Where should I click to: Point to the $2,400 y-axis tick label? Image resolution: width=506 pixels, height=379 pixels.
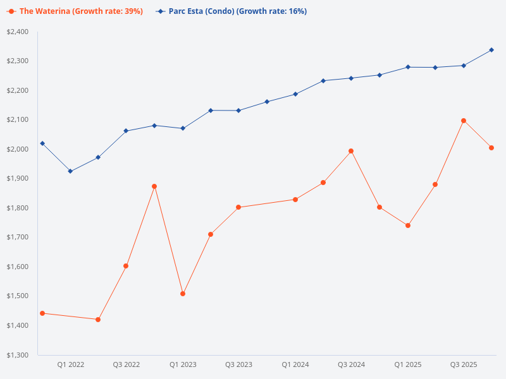tap(18, 32)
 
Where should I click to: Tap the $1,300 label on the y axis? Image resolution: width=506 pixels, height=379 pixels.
tap(18, 355)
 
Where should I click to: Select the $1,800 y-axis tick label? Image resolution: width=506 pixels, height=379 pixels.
tap(18, 208)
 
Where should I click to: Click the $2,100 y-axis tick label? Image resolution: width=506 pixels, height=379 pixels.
tap(18, 119)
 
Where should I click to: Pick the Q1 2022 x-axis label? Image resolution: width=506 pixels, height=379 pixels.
tap(70, 364)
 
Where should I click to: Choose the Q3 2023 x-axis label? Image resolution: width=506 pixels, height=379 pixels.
tap(238, 364)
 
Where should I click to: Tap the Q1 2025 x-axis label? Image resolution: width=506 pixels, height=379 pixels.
tap(408, 364)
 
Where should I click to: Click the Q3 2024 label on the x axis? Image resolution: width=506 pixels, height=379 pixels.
tap(351, 364)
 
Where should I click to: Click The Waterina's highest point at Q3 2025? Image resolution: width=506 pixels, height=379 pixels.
tap(464, 121)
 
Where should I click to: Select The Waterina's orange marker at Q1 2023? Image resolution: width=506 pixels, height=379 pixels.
tap(183, 294)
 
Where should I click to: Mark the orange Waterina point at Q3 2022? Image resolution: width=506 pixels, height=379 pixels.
tap(126, 266)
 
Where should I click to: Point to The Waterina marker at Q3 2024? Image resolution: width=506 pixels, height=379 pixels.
tap(351, 151)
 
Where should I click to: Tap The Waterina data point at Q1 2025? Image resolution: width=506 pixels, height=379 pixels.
tap(408, 226)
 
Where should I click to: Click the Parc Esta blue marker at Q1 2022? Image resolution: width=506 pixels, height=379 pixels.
tap(70, 171)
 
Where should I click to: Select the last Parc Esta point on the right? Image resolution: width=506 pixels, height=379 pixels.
tap(491, 50)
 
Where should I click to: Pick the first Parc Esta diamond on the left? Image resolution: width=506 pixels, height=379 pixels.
tap(42, 143)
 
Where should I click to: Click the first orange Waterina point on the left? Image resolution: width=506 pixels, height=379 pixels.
tap(42, 313)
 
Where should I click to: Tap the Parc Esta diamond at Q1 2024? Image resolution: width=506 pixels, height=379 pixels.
tap(295, 94)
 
